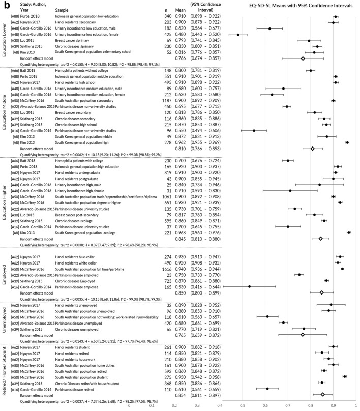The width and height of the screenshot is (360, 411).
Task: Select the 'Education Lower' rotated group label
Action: (x=5, y=39)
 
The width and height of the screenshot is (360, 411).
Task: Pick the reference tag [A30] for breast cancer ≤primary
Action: (x=15, y=41)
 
